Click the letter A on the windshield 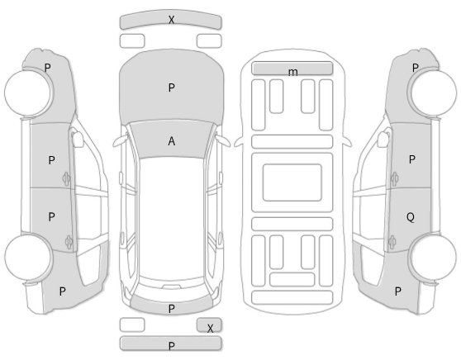click(172, 141)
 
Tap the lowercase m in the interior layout click(292, 72)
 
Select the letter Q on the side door click(411, 217)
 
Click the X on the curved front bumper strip click(171, 20)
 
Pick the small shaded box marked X click(209, 324)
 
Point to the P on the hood click(172, 88)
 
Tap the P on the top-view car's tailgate click(172, 309)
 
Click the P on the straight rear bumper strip click(172, 346)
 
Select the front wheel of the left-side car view click(28, 92)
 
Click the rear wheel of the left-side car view click(28, 257)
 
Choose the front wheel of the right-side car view click(434, 92)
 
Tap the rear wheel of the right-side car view click(434, 257)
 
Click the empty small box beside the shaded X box click(132, 324)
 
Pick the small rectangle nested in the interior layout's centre click(292, 182)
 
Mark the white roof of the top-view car click(172, 217)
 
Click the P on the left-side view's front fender click(48, 68)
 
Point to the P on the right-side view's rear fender click(397, 291)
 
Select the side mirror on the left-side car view click(78, 139)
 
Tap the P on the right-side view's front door click(412, 159)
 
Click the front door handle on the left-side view click(66, 178)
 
